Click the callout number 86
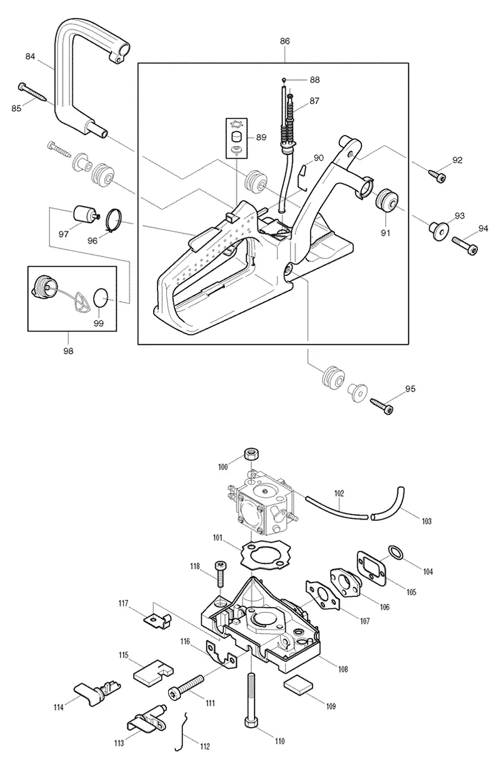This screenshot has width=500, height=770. click(284, 41)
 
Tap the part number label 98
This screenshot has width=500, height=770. click(69, 351)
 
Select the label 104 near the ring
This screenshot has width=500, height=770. click(427, 571)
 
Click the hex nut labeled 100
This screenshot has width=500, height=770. click(251, 455)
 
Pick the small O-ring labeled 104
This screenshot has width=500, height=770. click(395, 551)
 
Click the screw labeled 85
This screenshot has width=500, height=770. click(33, 91)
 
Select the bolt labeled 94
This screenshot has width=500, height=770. click(465, 246)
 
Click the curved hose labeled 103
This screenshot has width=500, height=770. click(388, 503)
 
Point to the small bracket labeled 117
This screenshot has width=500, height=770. click(157, 618)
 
